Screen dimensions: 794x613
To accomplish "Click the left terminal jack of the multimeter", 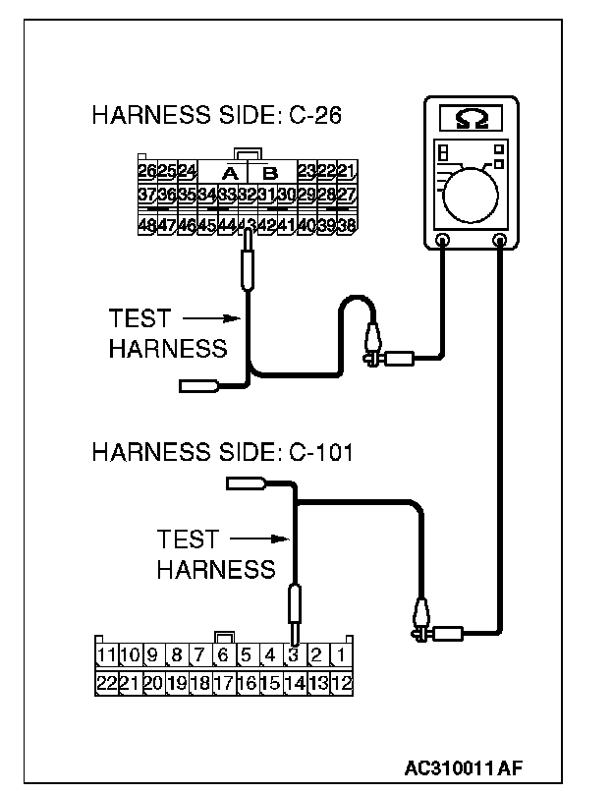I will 443,239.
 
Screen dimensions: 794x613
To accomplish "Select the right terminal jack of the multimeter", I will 500,239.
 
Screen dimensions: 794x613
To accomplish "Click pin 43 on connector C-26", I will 246,225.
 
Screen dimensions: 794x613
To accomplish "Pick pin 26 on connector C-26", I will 147,171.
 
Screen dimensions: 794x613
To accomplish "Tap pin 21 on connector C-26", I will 346,171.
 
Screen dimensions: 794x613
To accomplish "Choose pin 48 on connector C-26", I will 147,225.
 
